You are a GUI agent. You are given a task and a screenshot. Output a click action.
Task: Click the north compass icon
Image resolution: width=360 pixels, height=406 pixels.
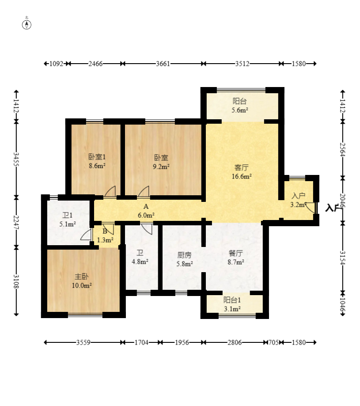27,25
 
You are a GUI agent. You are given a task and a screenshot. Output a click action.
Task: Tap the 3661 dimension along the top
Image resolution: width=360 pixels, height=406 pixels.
163,64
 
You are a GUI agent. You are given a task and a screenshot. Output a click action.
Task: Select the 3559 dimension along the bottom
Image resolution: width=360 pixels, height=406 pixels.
83,342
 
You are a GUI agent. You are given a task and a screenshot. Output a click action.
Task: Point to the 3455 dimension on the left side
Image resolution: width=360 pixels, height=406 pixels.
16,159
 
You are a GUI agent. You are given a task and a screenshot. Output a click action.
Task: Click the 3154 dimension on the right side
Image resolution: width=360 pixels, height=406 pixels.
343,258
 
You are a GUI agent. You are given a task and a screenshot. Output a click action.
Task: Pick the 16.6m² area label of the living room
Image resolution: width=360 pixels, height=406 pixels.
242,177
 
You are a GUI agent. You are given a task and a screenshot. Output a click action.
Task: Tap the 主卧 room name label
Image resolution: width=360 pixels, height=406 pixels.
82,277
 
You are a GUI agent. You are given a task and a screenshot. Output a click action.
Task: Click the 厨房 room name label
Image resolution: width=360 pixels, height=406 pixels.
184,255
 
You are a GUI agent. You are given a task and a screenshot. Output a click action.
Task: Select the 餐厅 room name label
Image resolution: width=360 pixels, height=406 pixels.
236,253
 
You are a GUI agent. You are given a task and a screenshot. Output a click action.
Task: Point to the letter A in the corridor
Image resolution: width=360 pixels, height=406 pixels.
146,207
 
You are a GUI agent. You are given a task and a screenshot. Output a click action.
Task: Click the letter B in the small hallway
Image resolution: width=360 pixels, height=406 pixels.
105,231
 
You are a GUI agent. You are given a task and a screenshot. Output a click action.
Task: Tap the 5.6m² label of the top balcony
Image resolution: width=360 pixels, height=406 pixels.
240,110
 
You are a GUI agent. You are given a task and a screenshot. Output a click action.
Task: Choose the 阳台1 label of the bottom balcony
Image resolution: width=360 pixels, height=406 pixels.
232,300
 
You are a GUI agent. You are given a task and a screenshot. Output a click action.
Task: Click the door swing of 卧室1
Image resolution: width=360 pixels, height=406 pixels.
110,192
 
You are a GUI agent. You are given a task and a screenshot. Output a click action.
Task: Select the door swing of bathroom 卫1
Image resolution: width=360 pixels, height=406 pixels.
86,235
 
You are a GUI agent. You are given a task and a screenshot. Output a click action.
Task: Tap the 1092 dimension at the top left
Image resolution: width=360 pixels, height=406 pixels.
56,64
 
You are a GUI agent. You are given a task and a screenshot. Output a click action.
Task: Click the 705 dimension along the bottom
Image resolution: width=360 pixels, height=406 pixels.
273,342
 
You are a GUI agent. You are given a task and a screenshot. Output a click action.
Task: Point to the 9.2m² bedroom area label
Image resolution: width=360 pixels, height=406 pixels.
161,167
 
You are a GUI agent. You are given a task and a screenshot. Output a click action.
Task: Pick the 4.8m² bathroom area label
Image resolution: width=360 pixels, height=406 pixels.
140,262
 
